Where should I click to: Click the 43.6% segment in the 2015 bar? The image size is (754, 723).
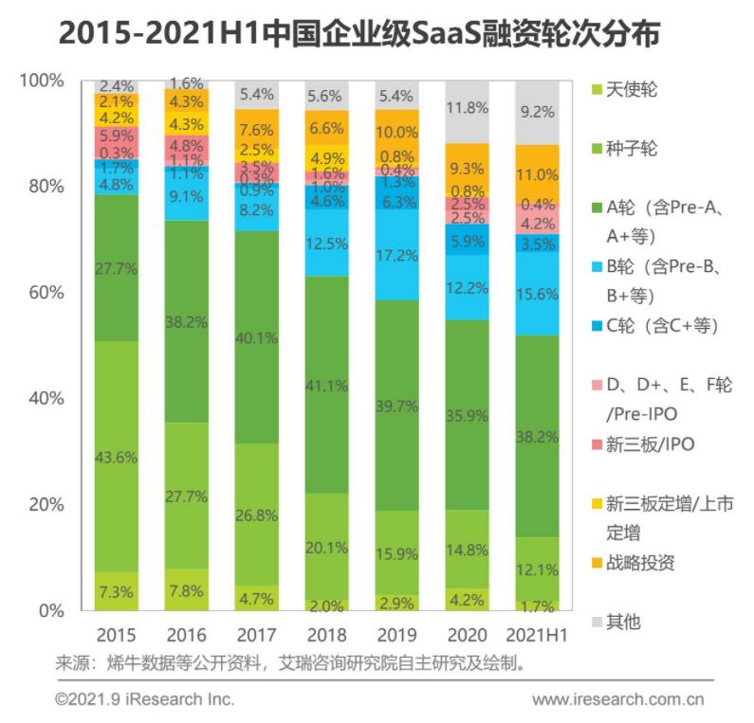(116, 456)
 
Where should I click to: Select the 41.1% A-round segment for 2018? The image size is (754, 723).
(327, 385)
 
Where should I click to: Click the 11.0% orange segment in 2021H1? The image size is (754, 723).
(538, 174)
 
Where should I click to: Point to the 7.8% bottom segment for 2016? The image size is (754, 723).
(186, 589)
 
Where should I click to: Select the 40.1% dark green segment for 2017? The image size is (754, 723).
(257, 337)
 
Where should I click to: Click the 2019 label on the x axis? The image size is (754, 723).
(397, 634)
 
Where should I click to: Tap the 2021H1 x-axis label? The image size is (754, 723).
(538, 634)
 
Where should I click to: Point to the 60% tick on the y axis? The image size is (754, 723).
(46, 293)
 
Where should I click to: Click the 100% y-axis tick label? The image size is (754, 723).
(42, 81)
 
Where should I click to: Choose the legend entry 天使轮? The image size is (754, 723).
(631, 90)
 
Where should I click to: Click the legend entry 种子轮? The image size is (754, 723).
(631, 149)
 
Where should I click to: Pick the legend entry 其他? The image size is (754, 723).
(622, 622)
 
